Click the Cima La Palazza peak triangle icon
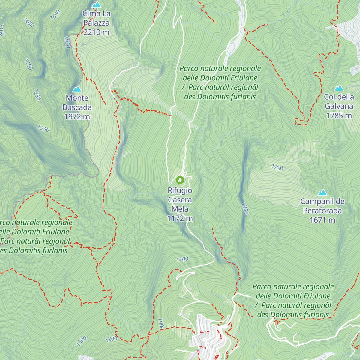pyautogui.click(x=96, y=5)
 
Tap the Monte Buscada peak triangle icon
pyautogui.click(x=77, y=89)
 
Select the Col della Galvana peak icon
pyautogui.click(x=339, y=88)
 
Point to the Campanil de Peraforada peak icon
pyautogui.click(x=322, y=193)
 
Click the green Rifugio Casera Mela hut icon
pyautogui.click(x=180, y=180)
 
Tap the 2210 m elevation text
pyautogui.click(x=96, y=32)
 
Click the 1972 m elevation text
pyautogui.click(x=77, y=117)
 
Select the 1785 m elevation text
pyautogui.click(x=339, y=115)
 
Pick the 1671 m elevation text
pyautogui.click(x=322, y=220)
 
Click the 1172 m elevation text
pyautogui.click(x=180, y=219)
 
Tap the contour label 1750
pyautogui.click(x=277, y=167)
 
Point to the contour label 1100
pyautogui.click(x=182, y=259)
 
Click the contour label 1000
pyautogui.click(x=161, y=324)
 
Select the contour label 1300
pyautogui.click(x=81, y=341)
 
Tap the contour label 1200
pyautogui.click(x=111, y=339)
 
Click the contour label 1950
pyautogui.click(x=67, y=42)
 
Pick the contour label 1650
pyautogui.click(x=55, y=15)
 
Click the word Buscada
pyautogui.click(x=77, y=107)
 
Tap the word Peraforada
pyautogui.click(x=322, y=211)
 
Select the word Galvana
pyautogui.click(x=339, y=106)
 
